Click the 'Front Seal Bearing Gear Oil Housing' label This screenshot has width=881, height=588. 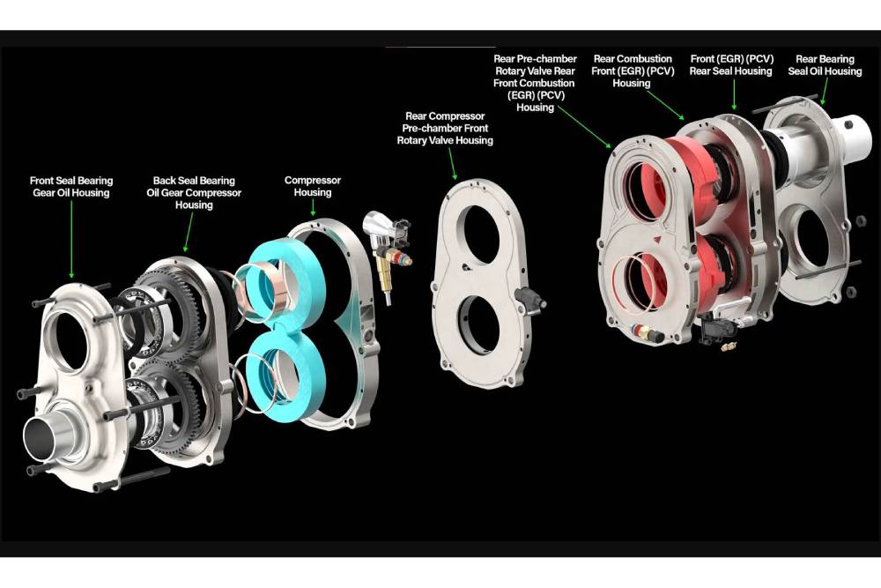point(71,187)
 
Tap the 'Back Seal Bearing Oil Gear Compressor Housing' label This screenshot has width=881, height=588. point(194,192)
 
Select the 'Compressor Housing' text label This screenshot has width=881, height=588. point(313,186)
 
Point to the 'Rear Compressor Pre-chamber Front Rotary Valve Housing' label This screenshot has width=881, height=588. point(445,128)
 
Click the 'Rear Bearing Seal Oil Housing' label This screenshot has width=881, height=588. point(825,65)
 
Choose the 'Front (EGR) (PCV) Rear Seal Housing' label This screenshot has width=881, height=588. point(731,65)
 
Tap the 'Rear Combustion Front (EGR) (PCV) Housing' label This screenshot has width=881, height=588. point(633,71)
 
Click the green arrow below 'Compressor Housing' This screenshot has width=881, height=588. point(313,207)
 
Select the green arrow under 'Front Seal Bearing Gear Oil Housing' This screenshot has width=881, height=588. point(71,239)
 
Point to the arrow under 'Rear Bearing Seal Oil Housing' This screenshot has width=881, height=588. point(825,92)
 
